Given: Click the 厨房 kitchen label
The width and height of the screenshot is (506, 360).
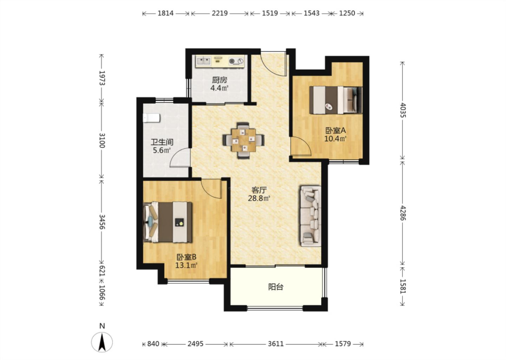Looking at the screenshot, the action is pyautogui.click(x=219, y=80).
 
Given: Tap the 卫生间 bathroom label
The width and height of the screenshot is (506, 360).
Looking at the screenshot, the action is pyautogui.click(x=162, y=142).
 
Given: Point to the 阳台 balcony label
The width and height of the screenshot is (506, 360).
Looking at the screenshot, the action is pyautogui.click(x=275, y=287).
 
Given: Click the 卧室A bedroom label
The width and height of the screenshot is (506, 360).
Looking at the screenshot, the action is pyautogui.click(x=336, y=130).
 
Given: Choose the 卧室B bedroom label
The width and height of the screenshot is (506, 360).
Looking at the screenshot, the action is pyautogui.click(x=186, y=257).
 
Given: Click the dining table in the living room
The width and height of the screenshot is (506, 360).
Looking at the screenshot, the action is pyautogui.click(x=243, y=140).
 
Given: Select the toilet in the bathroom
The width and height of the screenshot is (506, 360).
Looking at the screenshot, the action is pyautogui.click(x=151, y=118).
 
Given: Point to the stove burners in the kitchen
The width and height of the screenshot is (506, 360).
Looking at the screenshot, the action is pyautogui.click(x=236, y=61).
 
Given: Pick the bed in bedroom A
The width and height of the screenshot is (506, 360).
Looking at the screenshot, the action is pyautogui.click(x=336, y=100).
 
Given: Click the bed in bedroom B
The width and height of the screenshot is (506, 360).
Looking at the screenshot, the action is pyautogui.click(x=168, y=222).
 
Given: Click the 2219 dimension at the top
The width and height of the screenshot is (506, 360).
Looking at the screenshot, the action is pyautogui.click(x=220, y=13).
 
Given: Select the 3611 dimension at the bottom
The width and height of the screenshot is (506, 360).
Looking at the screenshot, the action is pyautogui.click(x=275, y=344).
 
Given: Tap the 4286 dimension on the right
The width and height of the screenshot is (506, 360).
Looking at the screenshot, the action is pyautogui.click(x=403, y=213).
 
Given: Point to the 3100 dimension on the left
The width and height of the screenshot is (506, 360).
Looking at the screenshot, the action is pyautogui.click(x=102, y=140).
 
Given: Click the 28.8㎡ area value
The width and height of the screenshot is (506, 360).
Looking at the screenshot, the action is pyautogui.click(x=259, y=198).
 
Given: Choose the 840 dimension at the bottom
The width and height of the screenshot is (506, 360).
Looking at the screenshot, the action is pyautogui.click(x=153, y=344).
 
